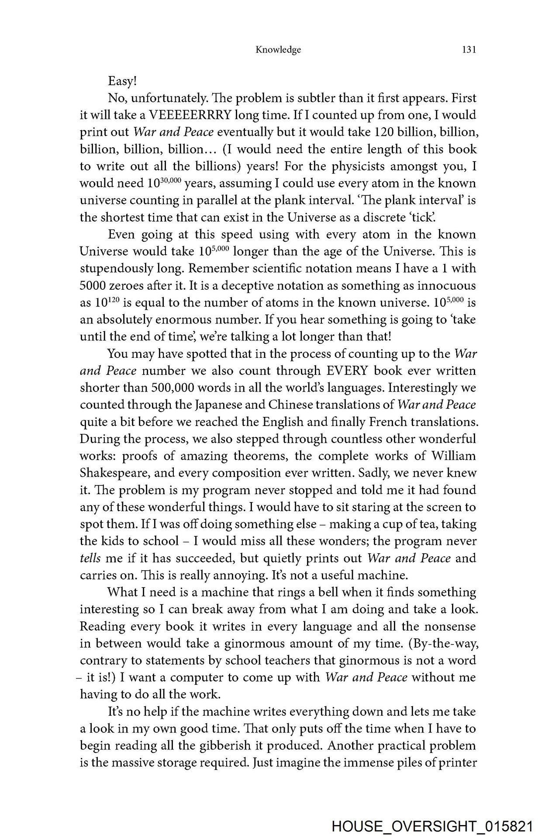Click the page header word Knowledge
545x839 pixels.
click(x=278, y=50)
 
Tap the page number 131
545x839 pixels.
click(x=469, y=50)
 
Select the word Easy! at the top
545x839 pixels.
click(x=122, y=81)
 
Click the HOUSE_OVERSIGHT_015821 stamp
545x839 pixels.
click(x=432, y=826)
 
